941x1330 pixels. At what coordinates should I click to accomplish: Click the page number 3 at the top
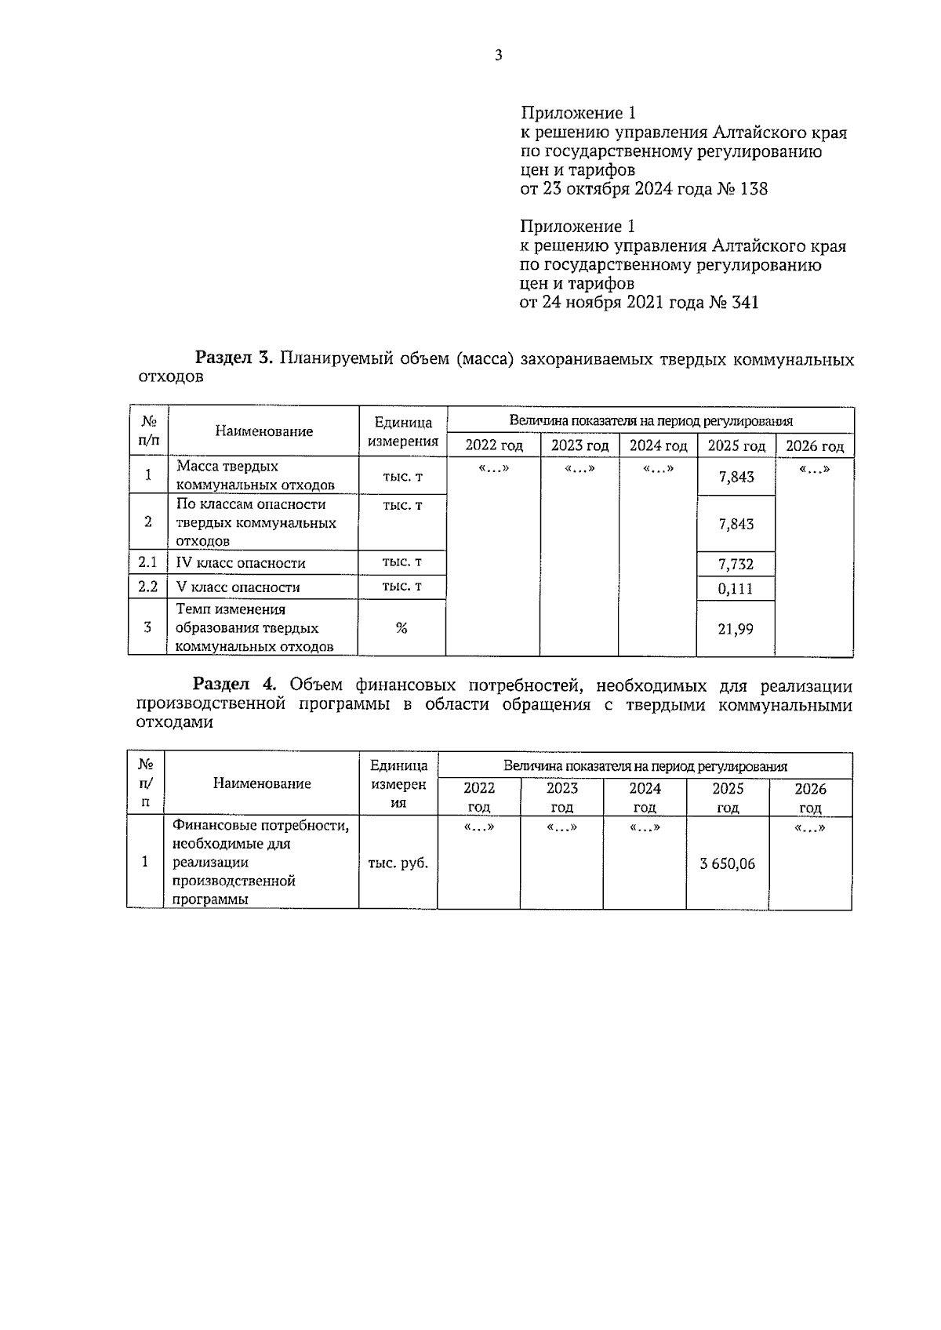[x=498, y=55]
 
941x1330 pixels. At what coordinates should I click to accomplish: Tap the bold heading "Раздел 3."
[x=233, y=359]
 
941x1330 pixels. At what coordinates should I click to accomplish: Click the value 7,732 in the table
[x=736, y=564]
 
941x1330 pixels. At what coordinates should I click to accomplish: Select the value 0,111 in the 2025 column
[x=736, y=589]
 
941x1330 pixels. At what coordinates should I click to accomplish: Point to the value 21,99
[x=736, y=628]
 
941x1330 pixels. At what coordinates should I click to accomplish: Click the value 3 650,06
[x=727, y=863]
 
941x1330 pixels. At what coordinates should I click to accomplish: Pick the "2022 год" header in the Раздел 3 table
[x=493, y=445]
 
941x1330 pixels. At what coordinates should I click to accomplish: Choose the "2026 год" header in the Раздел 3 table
[x=814, y=446]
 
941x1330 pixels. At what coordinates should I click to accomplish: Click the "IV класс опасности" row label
[x=241, y=563]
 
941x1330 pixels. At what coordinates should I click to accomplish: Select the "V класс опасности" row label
[x=238, y=587]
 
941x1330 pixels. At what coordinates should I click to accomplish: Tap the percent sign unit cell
[x=401, y=627]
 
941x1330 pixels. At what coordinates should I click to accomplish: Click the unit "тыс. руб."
[x=398, y=863]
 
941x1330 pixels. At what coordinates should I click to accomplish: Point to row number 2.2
[x=147, y=587]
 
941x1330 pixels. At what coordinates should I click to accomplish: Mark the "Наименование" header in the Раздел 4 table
[x=262, y=783]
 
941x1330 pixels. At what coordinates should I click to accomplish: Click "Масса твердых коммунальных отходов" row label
[x=255, y=475]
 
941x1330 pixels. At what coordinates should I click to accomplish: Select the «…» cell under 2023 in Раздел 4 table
[x=561, y=827]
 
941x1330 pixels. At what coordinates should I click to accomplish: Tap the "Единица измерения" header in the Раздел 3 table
[x=402, y=431]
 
